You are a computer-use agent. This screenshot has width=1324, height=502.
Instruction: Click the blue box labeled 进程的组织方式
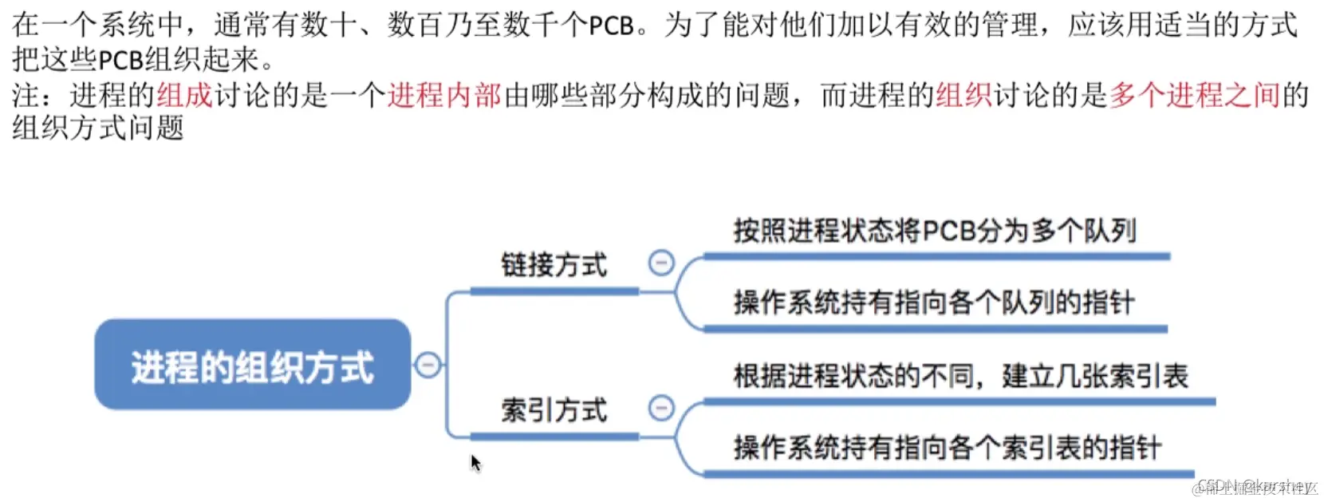click(252, 365)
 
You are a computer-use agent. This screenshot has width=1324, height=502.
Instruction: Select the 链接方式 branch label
click(554, 265)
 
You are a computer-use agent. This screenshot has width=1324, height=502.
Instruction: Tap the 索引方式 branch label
click(554, 410)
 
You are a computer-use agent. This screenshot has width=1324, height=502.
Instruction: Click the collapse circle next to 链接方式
click(661, 263)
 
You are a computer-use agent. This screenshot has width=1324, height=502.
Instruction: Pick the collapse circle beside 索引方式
click(661, 408)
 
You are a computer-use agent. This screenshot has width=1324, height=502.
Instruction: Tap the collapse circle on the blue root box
click(428, 365)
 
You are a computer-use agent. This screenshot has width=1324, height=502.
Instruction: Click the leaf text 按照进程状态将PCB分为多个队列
click(934, 231)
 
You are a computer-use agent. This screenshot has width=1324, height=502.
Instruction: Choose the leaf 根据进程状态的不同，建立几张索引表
click(960, 376)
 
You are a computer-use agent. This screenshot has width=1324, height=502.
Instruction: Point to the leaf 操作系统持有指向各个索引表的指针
click(947, 449)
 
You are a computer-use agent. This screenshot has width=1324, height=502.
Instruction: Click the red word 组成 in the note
click(184, 95)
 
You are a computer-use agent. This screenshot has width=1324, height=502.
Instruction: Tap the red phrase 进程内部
click(444, 95)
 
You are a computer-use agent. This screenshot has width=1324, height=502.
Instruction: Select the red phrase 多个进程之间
click(1194, 95)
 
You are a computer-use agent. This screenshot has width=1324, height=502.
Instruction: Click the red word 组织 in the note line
click(963, 95)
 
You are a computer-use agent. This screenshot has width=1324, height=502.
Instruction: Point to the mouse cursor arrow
click(475, 462)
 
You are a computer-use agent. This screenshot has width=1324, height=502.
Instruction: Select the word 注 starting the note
click(25, 95)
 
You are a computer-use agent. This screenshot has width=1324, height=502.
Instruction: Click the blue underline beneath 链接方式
click(554, 292)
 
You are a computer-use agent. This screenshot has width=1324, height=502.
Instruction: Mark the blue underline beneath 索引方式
click(554, 437)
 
